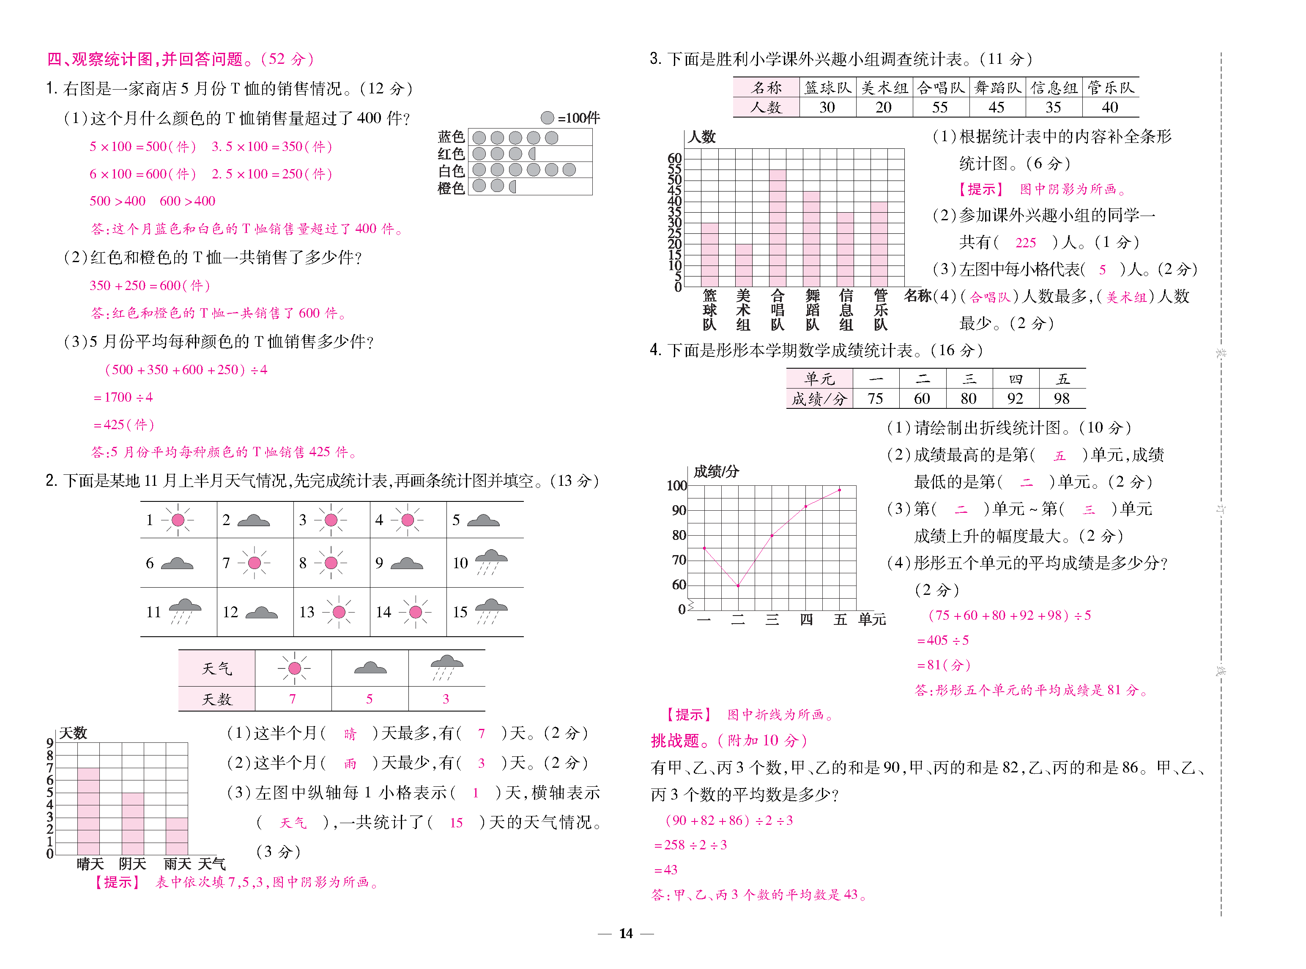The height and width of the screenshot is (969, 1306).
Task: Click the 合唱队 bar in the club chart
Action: coord(778,229)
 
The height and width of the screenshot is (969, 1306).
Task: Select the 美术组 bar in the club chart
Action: coord(744,265)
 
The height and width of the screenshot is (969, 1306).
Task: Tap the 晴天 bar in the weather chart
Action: coord(88,811)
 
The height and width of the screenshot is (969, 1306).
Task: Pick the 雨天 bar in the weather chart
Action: coord(177,836)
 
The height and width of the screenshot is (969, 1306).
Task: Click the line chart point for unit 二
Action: coord(738,586)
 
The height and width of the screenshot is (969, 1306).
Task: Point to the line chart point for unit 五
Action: coord(840,490)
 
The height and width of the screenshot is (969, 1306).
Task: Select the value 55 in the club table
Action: coord(940,107)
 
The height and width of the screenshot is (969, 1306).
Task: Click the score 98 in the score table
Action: coord(1062,399)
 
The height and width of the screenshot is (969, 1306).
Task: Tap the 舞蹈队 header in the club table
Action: coord(997,88)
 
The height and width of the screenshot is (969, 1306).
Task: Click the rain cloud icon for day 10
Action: coord(491,562)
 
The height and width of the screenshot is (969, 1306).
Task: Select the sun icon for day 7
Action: coord(254,563)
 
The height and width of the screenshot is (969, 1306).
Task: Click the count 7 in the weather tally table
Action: coord(292,698)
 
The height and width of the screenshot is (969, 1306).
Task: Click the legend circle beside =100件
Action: coord(547,118)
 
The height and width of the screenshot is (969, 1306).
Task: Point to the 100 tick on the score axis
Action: coord(677,486)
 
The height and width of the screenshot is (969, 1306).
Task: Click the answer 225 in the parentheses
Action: coord(1026,243)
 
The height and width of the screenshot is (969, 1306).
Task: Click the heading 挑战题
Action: coord(675,741)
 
